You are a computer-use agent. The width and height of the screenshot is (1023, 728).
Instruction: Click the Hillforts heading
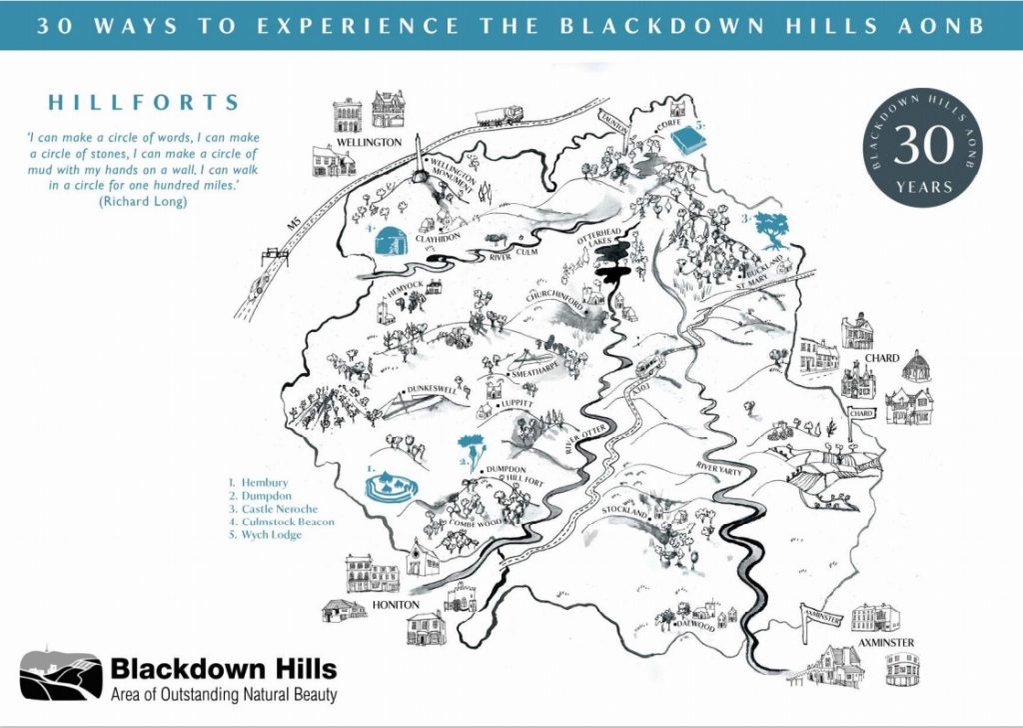pos(144,102)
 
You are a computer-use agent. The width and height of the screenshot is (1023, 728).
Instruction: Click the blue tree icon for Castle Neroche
pos(770,228)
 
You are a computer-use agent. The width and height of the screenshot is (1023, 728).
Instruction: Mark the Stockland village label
pos(627,510)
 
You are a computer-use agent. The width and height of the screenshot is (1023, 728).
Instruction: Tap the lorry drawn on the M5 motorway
pos(499,115)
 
